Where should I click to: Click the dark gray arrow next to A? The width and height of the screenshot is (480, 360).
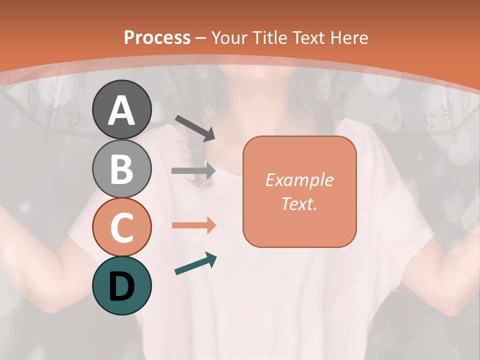click(x=195, y=127)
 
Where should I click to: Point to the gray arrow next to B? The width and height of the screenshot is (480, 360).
click(x=193, y=171)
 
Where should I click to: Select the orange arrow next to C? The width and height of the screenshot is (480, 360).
click(x=193, y=225)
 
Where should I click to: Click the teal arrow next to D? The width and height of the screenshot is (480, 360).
click(x=195, y=264)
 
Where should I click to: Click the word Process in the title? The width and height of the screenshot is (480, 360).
click(x=157, y=37)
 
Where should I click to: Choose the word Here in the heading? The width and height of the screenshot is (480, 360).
click(x=349, y=37)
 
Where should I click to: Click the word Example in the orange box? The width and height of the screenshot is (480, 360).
click(x=299, y=180)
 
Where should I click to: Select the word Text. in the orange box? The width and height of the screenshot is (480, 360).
click(x=299, y=203)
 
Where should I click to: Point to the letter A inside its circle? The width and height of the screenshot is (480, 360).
click(x=121, y=110)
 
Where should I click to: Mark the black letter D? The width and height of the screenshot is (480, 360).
click(x=121, y=286)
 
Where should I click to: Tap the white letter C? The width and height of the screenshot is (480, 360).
click(x=121, y=228)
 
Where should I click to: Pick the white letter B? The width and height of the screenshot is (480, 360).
click(x=121, y=168)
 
